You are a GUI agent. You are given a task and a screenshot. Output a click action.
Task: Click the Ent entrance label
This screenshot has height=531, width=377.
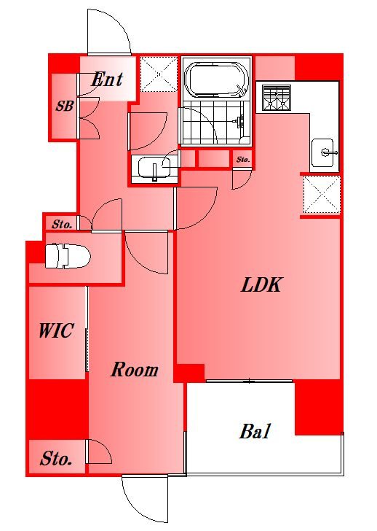106,80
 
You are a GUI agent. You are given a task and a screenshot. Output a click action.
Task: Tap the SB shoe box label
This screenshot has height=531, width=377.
65,105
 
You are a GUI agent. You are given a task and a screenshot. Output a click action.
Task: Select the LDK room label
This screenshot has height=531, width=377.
261,285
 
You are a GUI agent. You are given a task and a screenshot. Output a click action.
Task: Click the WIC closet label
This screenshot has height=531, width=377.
55,331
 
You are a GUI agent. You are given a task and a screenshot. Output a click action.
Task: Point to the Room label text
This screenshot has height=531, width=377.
134,370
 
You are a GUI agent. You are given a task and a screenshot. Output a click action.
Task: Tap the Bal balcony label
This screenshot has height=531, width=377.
255,432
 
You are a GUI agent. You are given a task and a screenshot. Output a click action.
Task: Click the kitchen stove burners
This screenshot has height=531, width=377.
276,98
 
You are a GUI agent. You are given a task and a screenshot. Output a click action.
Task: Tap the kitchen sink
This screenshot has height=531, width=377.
323,153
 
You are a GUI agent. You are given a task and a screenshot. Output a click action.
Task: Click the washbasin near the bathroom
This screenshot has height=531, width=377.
154,167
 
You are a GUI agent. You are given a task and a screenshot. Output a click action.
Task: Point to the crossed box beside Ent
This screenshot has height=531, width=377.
158,74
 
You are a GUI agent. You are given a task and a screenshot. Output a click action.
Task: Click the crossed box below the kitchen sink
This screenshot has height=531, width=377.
321,195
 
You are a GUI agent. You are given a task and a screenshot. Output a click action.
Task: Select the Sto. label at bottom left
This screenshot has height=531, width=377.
56,460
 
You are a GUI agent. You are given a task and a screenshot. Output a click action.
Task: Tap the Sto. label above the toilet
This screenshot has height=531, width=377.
61,225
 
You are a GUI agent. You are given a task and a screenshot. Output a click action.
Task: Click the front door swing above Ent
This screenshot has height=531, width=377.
109,32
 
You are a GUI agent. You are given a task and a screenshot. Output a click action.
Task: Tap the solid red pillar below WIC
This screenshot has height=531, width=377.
57,408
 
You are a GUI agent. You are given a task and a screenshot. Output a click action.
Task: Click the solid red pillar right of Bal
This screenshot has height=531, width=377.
318,407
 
